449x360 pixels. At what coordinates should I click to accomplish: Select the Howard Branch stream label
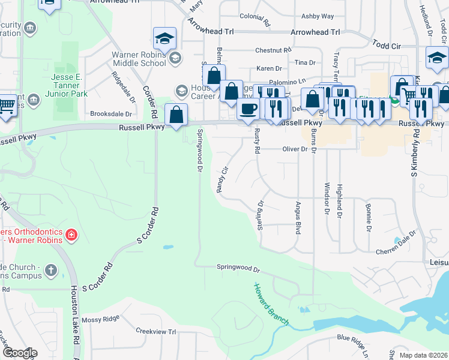pos(271,305)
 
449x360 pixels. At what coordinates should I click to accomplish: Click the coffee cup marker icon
pos(247,109)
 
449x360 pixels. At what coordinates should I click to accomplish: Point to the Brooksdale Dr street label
pos(110,113)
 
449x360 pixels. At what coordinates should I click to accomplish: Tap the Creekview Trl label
pos(155,331)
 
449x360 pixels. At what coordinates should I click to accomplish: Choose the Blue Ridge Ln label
pos(360,340)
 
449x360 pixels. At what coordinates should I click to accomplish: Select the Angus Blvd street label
pos(298,217)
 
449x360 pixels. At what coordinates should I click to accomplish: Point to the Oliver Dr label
pos(295,149)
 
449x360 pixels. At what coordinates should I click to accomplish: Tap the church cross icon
pos(52,269)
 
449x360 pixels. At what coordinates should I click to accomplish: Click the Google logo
pos(20,353)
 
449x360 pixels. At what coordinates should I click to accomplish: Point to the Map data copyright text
pos(423,355)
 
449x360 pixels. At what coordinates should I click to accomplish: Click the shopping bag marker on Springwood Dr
pos(176,115)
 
